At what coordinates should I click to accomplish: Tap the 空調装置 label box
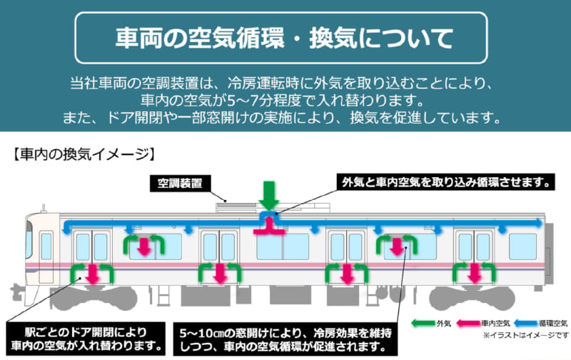[x=181, y=184]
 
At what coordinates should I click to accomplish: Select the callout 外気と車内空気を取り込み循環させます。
[x=445, y=183]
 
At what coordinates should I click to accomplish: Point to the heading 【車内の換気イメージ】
[x=83, y=153]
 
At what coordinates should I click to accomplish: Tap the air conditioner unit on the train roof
[x=243, y=205]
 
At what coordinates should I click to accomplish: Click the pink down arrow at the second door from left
[x=219, y=272]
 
